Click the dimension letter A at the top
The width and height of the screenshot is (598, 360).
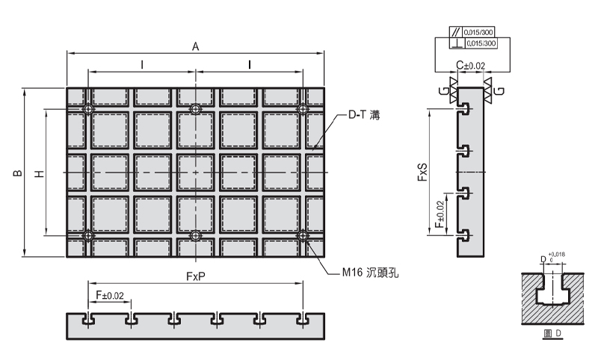[x=195, y=46]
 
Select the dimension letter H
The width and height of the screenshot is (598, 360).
[x=40, y=173]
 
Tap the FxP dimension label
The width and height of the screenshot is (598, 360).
[x=196, y=276]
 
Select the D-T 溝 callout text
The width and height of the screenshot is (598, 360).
[x=364, y=116]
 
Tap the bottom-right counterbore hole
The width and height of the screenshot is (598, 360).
[x=303, y=236]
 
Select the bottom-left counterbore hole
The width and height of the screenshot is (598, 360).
[x=89, y=236]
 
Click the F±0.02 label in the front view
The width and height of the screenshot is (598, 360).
[x=110, y=297]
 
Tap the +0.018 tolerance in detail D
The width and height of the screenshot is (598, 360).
[x=557, y=255]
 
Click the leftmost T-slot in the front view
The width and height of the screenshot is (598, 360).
[x=89, y=319]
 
